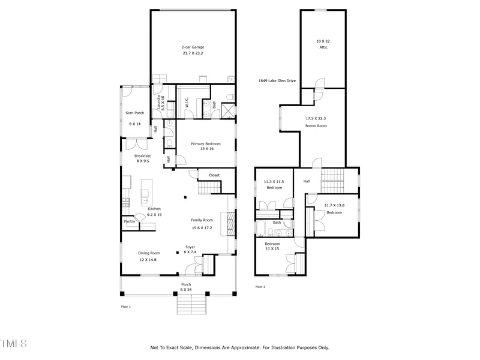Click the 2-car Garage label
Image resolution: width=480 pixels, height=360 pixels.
click(x=193, y=50)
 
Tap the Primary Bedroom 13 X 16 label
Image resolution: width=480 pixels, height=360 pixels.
click(x=206, y=146)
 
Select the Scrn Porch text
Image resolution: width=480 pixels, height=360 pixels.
click(x=134, y=113)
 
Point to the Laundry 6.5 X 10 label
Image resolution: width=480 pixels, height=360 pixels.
click(x=160, y=106)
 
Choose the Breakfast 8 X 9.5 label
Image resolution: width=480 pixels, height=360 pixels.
click(x=142, y=158)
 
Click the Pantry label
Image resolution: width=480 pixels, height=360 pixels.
click(x=130, y=221)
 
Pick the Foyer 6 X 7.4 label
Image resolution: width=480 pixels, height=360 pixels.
click(x=190, y=250)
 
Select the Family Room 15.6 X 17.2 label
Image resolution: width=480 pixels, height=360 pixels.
click(x=202, y=224)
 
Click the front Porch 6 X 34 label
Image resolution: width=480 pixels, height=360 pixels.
click(x=187, y=287)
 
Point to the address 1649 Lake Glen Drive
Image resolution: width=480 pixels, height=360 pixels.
click(x=277, y=80)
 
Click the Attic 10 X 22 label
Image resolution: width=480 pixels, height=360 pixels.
click(x=323, y=44)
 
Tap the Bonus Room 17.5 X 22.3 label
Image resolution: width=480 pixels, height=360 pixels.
click(x=316, y=122)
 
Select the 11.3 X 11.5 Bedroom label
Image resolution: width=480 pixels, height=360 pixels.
click(x=274, y=184)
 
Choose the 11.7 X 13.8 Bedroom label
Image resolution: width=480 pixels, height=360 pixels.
click(x=334, y=209)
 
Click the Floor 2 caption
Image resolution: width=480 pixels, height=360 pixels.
click(x=260, y=287)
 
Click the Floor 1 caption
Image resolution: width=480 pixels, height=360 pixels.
click(x=125, y=306)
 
